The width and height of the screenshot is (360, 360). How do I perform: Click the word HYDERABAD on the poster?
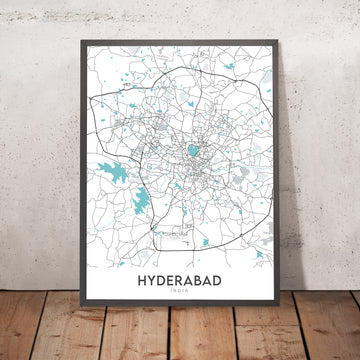(x=180, y=284)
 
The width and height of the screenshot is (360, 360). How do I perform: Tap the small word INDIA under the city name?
(x=180, y=296)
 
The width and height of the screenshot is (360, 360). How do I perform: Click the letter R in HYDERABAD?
(x=180, y=284)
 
